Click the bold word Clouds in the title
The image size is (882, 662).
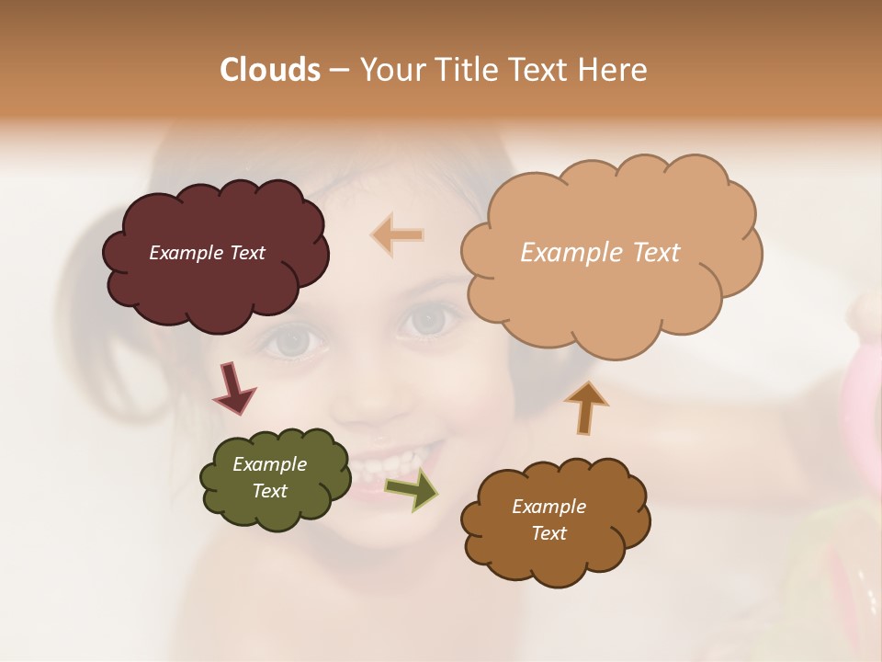pyautogui.click(x=270, y=70)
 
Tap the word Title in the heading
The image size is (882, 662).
pyautogui.click(x=465, y=70)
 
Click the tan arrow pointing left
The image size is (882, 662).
pyautogui.click(x=397, y=235)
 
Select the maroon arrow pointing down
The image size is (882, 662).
pyautogui.click(x=233, y=388)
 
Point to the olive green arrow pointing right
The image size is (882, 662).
pyautogui.click(x=412, y=488)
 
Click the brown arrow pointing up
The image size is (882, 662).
pyautogui.click(x=585, y=407)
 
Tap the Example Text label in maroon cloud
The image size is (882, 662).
pyautogui.click(x=207, y=253)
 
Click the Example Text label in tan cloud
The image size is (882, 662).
pyautogui.click(x=600, y=253)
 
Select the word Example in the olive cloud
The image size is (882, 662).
pyautogui.click(x=269, y=464)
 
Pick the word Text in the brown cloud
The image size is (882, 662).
pyautogui.click(x=548, y=533)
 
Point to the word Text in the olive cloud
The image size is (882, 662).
pyautogui.click(x=269, y=491)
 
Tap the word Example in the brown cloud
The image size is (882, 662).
pyautogui.click(x=548, y=507)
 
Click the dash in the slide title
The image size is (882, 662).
pyautogui.click(x=338, y=70)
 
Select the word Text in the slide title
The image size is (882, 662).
pyautogui.click(x=542, y=70)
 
